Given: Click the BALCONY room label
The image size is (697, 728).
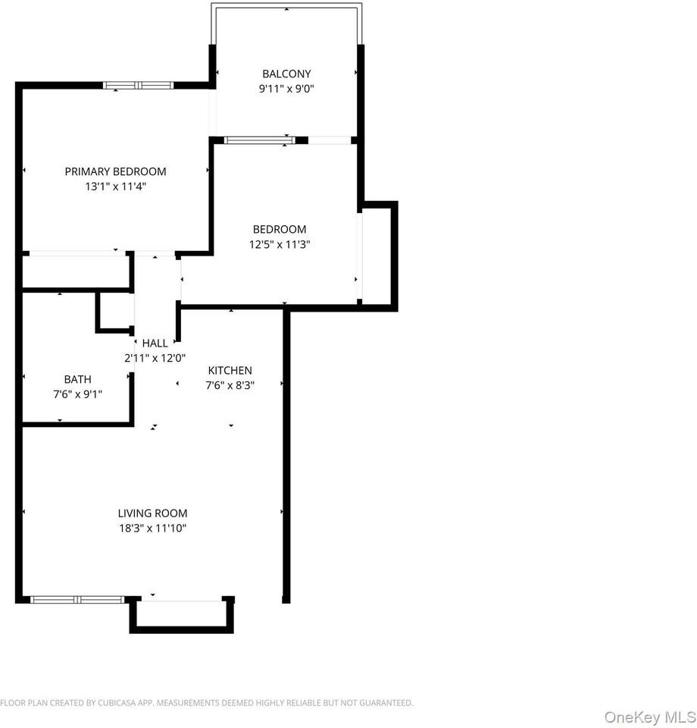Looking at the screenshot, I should [286, 74].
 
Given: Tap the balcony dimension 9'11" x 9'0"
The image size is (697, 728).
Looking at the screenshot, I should [286, 89].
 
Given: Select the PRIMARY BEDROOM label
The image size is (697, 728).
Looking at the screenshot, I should [115, 171].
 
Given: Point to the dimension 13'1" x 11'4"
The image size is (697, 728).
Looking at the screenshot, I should [115, 187].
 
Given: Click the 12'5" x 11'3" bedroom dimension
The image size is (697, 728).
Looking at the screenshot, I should [280, 244].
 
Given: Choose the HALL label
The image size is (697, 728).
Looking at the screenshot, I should [155, 344].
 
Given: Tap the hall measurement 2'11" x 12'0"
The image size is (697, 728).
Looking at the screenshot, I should [155, 358].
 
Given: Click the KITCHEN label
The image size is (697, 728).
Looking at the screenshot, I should [230, 370].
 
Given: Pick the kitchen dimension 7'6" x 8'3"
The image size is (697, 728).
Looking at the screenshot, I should [230, 384].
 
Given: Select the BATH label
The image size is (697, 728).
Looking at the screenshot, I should [78, 379].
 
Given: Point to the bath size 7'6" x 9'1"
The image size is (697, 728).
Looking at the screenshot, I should [78, 394].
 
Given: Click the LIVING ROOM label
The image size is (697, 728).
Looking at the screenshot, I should [152, 513].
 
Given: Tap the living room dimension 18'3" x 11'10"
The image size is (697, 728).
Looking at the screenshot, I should [152, 528].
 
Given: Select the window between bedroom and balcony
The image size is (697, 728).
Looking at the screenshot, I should [258, 140].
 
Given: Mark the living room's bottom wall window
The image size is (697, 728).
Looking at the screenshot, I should [77, 600].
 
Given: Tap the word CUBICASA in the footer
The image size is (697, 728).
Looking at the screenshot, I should [117, 703].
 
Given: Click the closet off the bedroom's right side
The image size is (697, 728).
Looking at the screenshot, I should [378, 256].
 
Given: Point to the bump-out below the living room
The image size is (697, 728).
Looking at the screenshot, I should [181, 614].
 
